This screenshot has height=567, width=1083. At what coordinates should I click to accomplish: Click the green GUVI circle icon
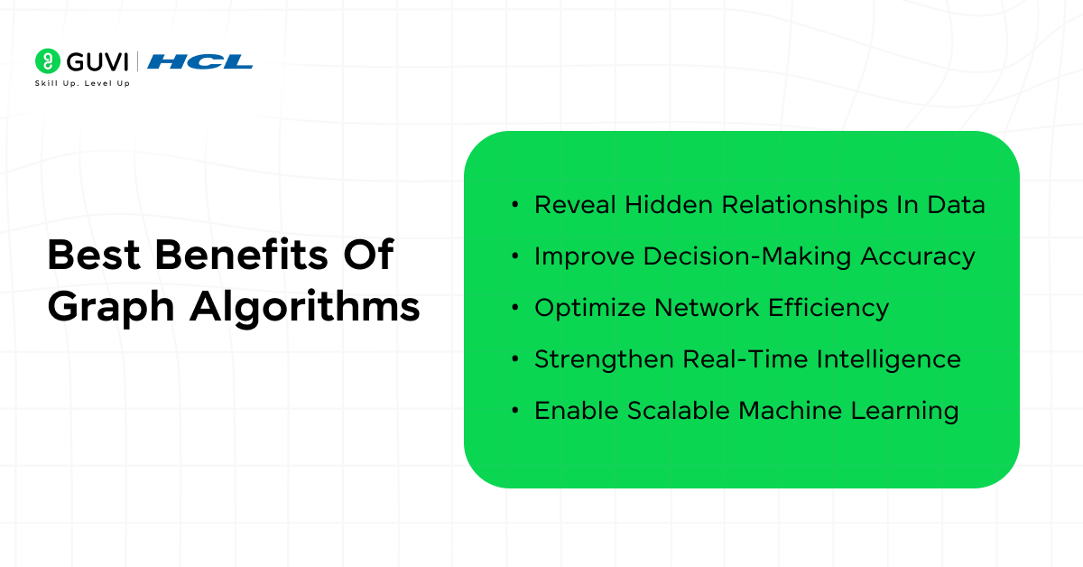point(48,61)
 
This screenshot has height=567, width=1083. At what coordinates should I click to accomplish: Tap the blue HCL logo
point(199,62)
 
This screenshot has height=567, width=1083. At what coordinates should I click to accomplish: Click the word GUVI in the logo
point(97,62)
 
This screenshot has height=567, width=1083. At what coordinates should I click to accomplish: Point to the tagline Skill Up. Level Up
point(82,83)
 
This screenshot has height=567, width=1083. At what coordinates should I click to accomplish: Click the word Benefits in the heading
point(241,255)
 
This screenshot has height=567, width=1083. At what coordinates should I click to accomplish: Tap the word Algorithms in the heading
point(305,308)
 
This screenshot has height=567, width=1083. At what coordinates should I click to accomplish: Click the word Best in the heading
point(94,255)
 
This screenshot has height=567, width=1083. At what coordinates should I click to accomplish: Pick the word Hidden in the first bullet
point(669,204)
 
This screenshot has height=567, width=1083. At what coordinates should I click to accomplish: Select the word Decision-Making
point(747,256)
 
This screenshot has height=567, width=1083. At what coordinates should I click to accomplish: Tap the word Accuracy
point(918,257)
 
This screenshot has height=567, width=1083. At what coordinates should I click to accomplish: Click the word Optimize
point(590,308)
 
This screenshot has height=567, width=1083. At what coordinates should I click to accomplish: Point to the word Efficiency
point(828,308)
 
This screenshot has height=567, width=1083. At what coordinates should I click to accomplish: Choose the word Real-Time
point(745,359)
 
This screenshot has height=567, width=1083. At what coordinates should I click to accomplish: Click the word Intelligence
point(889,360)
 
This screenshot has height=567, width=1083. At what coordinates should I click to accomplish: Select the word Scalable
point(679,411)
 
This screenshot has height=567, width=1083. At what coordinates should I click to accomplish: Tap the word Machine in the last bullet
point(790,411)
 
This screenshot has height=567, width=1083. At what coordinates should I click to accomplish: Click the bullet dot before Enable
point(515,411)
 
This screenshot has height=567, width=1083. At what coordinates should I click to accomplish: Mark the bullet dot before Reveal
point(515,205)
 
